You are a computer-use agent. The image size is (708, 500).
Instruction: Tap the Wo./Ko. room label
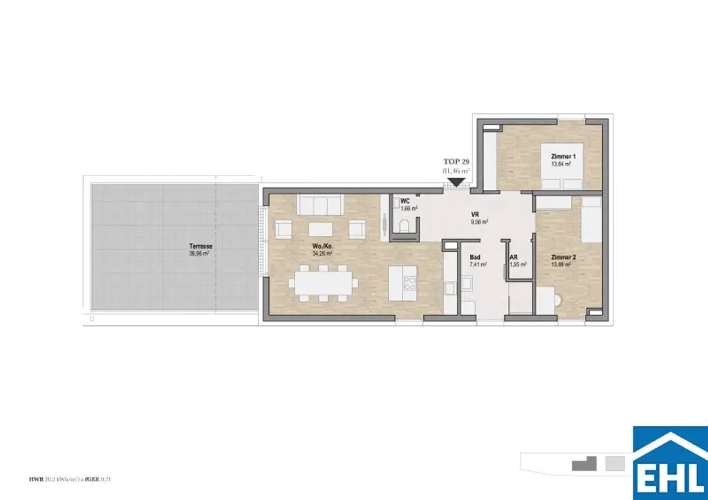(x=320, y=244)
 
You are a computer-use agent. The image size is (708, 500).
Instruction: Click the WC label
(x=405, y=202)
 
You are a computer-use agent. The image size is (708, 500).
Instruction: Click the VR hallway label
(x=475, y=214)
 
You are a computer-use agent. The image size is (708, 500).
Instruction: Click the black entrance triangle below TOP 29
(x=456, y=183)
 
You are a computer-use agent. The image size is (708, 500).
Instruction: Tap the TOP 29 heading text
(x=456, y=160)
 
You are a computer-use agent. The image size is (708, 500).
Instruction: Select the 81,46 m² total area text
(x=456, y=170)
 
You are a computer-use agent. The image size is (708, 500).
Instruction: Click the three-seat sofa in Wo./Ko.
(x=320, y=204)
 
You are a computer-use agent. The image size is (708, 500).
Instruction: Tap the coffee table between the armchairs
(x=320, y=229)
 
